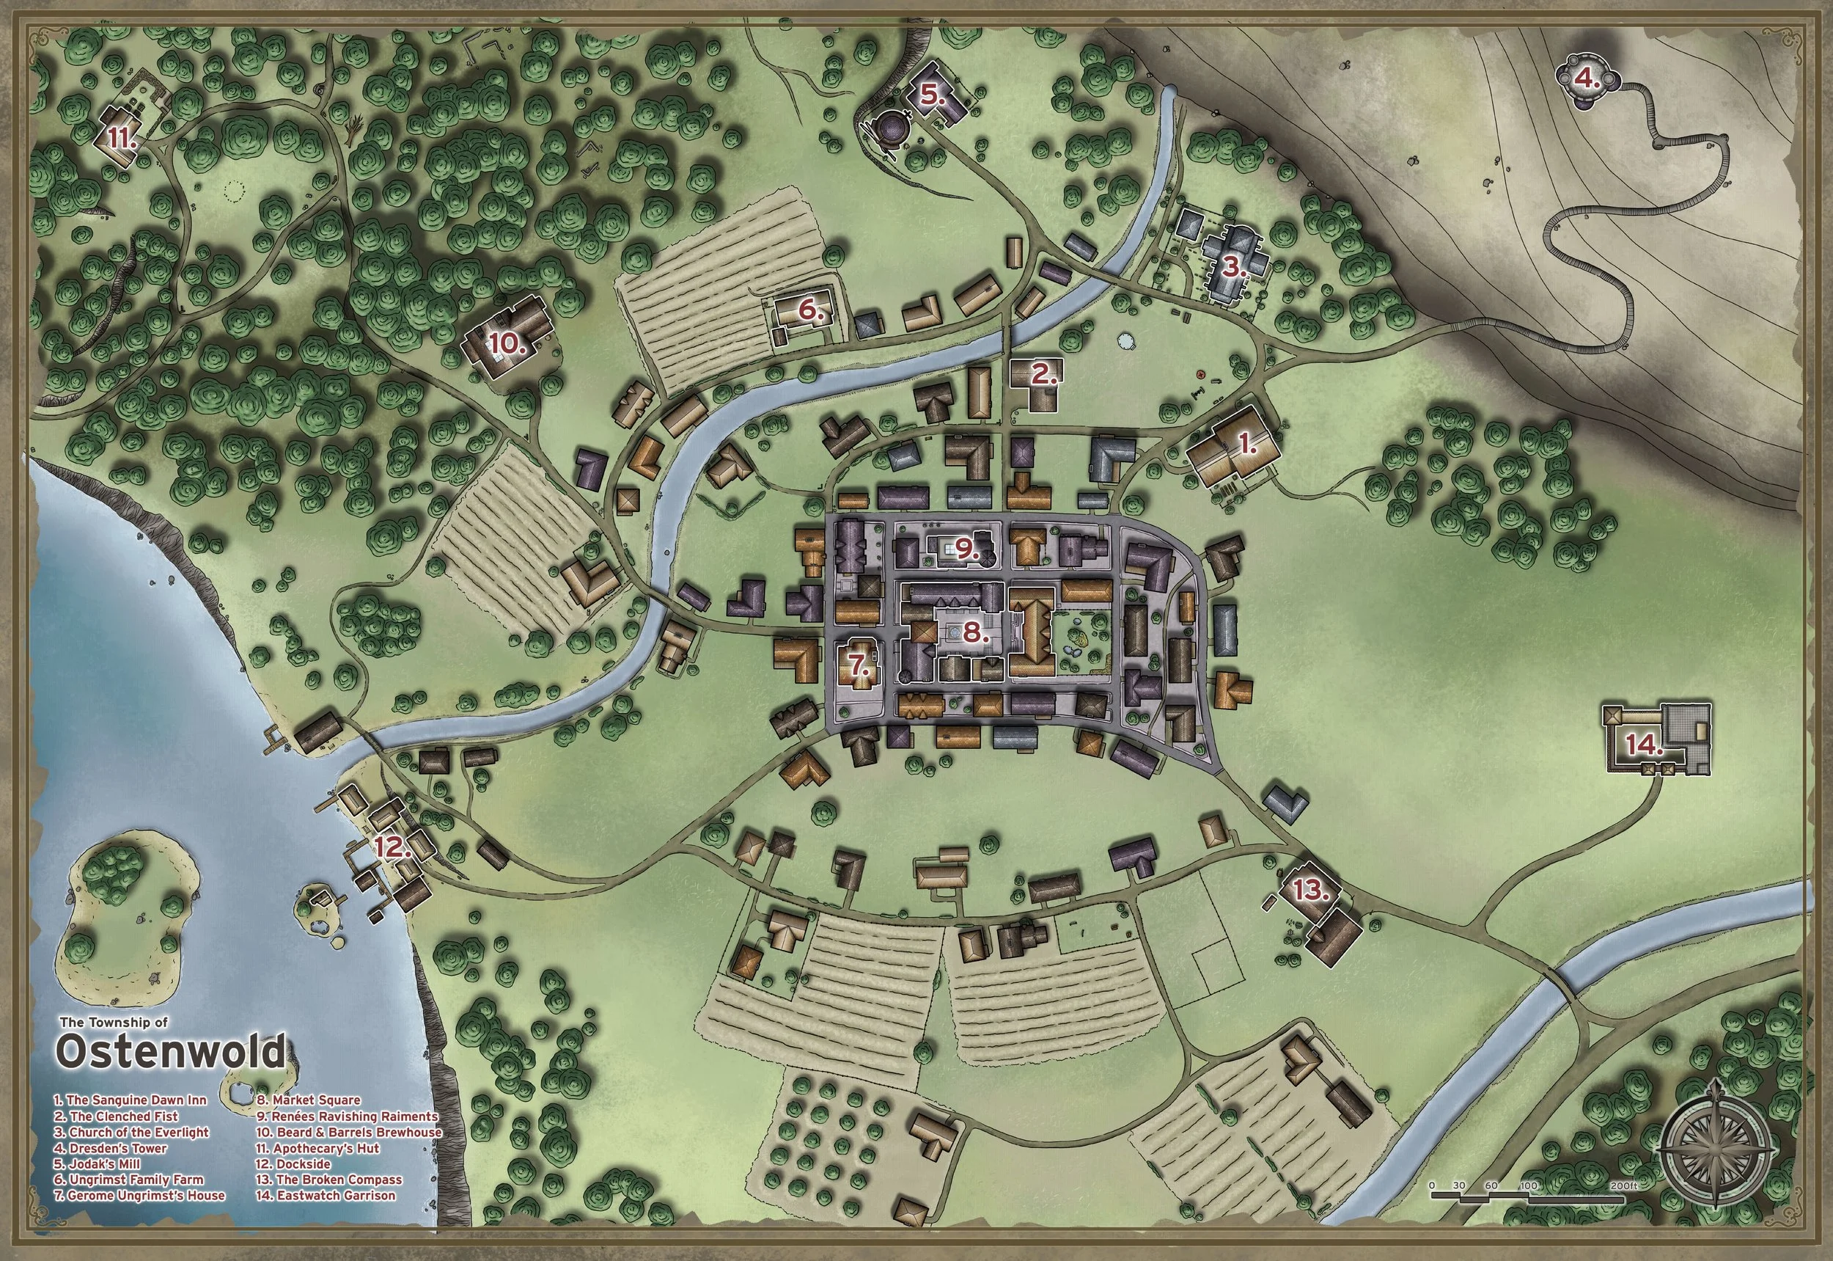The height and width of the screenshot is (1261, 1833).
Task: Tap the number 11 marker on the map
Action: [x=123, y=139]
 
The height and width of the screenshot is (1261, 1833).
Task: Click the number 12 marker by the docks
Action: [x=392, y=849]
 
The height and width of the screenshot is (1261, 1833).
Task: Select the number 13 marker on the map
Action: [x=1311, y=891]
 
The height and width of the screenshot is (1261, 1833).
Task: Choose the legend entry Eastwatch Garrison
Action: [x=326, y=1196]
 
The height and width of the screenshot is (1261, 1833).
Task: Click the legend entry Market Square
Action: [x=308, y=1100]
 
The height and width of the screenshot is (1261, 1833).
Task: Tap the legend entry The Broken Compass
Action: [x=328, y=1180]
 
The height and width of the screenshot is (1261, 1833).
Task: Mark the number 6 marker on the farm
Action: [x=810, y=311]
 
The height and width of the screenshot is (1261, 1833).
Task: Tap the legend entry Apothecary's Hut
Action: [x=317, y=1148]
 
